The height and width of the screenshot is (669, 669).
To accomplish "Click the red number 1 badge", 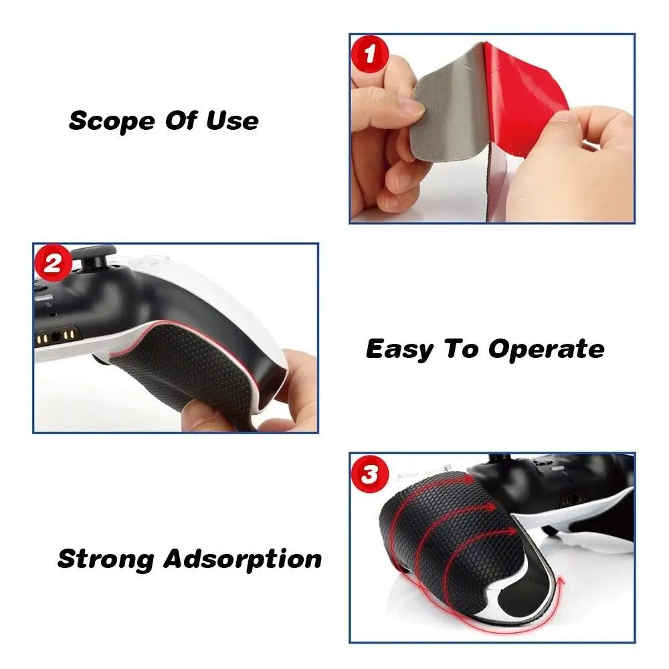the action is click(x=369, y=54).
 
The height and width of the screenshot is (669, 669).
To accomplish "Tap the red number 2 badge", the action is click(x=53, y=263).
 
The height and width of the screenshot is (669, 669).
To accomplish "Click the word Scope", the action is click(x=112, y=122).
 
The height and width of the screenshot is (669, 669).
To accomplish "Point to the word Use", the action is click(x=233, y=120).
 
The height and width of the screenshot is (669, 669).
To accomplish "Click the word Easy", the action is click(x=399, y=350).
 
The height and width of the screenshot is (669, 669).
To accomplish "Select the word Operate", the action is click(x=546, y=350).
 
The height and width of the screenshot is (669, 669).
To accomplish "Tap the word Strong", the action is click(x=106, y=559).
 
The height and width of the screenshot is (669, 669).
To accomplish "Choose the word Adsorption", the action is click(x=242, y=559).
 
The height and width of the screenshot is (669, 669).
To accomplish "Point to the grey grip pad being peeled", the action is click(x=448, y=102).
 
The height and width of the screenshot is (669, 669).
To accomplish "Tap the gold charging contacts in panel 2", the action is click(x=57, y=336).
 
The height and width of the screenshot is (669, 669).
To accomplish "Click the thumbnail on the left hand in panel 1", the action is click(x=409, y=107).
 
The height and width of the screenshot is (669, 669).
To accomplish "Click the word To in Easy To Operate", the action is click(x=460, y=349).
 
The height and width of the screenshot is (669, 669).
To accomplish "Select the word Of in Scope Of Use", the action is click(x=181, y=120).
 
